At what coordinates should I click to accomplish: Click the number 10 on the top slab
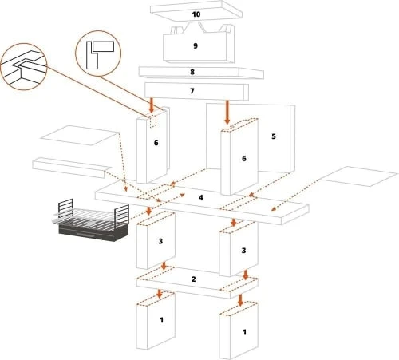[196, 14]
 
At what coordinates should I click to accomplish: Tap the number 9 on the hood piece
[196, 45]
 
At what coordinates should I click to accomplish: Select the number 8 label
[192, 72]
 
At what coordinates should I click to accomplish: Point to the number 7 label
[192, 91]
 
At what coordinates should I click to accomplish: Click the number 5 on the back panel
[274, 136]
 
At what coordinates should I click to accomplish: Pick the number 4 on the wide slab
[201, 197]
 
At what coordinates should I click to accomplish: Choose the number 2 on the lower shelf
[194, 279]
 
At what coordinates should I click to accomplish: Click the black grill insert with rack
[91, 220]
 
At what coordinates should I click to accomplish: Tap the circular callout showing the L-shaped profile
[98, 53]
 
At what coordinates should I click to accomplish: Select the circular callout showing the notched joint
[23, 66]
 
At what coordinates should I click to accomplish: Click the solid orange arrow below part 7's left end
[152, 105]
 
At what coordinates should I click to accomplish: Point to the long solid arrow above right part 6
[227, 112]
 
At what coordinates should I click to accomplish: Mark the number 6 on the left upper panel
[156, 143]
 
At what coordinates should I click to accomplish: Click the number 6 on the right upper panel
[244, 159]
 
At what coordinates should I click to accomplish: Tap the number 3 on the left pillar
[160, 241]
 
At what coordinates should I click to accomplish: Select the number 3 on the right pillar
[243, 251]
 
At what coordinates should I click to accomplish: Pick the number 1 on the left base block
[161, 320]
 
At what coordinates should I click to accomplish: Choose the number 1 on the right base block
[244, 332]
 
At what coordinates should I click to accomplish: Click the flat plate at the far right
[358, 176]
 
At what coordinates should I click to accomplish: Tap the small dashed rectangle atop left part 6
[153, 121]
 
